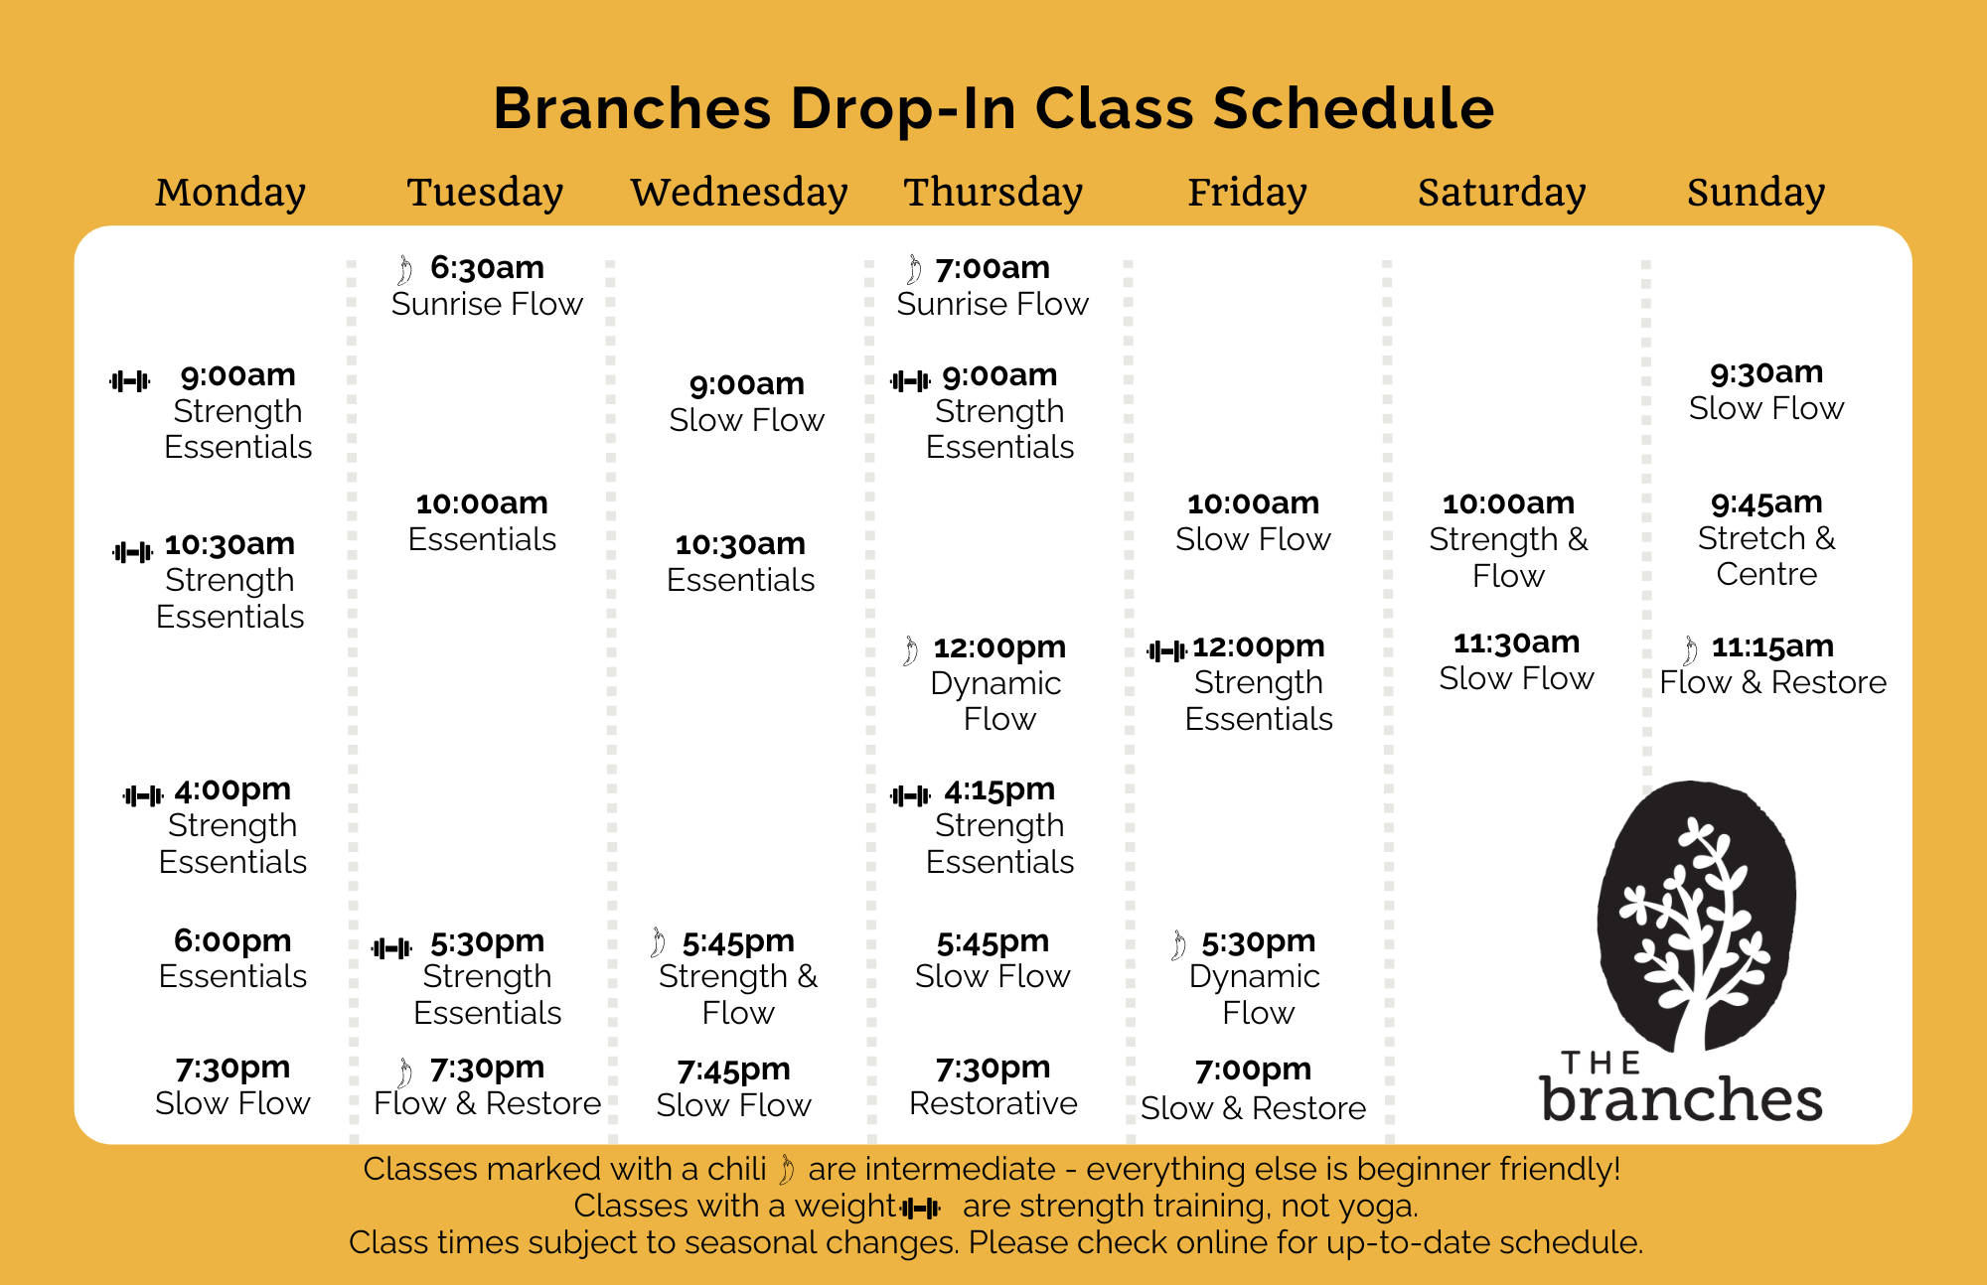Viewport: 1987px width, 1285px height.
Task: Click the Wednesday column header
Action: [739, 192]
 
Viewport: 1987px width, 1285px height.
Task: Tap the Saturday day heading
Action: [1501, 193]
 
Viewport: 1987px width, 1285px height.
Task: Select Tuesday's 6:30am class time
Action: [487, 267]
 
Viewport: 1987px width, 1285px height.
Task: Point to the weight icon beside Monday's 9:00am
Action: [130, 380]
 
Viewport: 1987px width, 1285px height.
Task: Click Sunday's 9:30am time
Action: [1766, 372]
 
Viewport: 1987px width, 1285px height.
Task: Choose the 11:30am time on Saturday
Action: [1516, 642]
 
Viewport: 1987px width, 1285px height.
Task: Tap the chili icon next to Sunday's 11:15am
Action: [1690, 649]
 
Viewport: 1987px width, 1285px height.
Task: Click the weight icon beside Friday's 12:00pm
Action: [1166, 651]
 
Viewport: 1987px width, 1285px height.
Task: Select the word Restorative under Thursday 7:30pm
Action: [993, 1103]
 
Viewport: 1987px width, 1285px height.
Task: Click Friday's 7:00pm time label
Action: [1253, 1070]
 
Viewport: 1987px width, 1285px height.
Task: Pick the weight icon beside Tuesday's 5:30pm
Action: [391, 948]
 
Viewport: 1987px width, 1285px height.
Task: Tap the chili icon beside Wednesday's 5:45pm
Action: [658, 942]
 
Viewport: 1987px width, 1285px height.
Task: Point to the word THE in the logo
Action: [1601, 1064]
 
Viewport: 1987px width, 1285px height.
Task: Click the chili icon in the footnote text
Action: [786, 1170]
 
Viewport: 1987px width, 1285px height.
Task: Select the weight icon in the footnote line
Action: [920, 1209]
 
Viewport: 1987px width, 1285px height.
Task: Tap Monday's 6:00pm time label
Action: [232, 940]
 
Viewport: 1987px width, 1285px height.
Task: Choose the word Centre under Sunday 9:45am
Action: [1766, 574]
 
